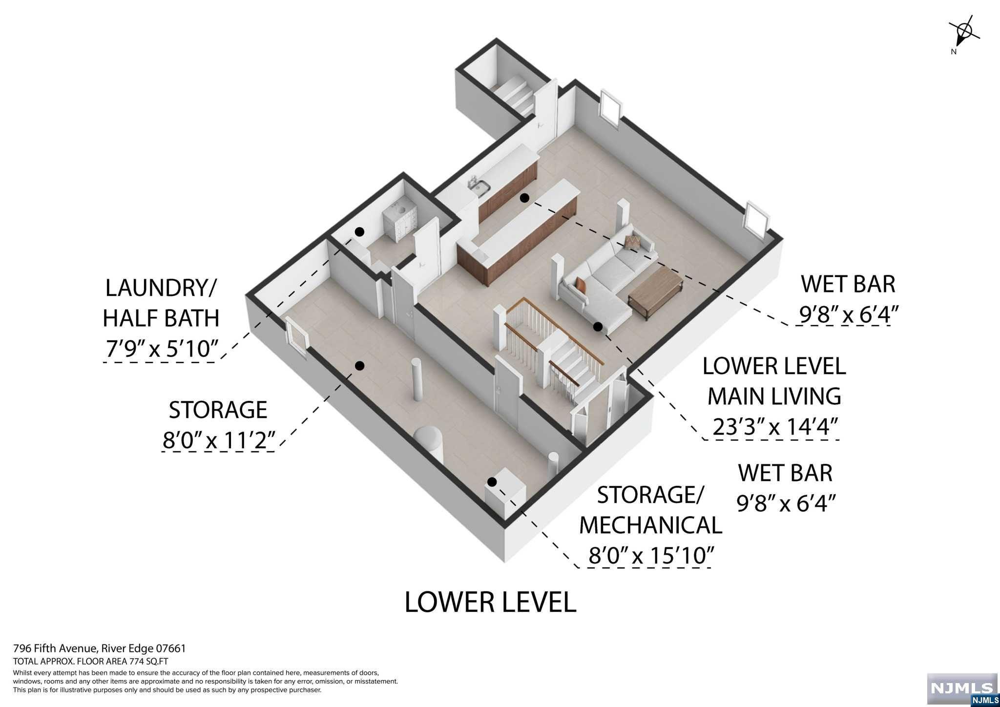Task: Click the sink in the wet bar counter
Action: point(138,187)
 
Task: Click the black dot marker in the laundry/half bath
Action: point(359,232)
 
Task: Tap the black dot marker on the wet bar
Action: point(524,198)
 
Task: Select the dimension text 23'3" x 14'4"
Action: point(775,427)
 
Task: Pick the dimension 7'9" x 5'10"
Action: point(161,349)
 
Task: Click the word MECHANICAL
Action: point(650,525)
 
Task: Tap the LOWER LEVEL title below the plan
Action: point(490,602)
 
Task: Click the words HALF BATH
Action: point(161,318)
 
